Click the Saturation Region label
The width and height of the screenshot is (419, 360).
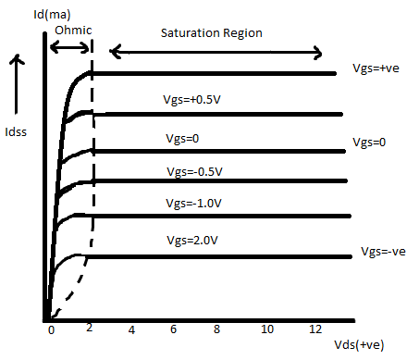211,32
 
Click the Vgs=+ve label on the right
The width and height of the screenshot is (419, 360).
376,68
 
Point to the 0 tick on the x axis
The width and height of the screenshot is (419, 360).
52,329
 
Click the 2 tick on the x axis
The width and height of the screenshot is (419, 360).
89,329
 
